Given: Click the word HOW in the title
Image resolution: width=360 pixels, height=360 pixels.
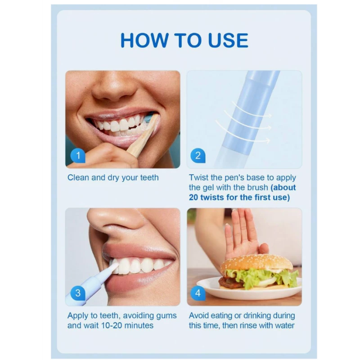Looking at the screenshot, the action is click(x=144, y=40).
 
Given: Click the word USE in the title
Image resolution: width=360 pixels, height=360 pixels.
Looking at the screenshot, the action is click(x=228, y=40).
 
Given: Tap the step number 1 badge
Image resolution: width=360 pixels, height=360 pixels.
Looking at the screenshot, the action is click(x=78, y=155).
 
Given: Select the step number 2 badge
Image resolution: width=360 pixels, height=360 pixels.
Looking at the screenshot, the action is click(x=198, y=155).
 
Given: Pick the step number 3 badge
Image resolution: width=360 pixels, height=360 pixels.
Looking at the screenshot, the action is click(x=78, y=293).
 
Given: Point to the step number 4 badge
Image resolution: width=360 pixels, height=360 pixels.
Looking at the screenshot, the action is click(x=198, y=293).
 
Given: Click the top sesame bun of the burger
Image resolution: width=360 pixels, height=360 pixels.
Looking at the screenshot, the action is click(x=256, y=262).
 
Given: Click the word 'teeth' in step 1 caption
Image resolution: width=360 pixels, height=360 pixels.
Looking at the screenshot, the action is click(x=149, y=177).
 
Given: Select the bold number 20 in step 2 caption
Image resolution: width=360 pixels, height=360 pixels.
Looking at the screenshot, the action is click(x=193, y=198).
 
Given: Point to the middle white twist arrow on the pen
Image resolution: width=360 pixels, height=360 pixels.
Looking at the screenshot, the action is click(x=247, y=121).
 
